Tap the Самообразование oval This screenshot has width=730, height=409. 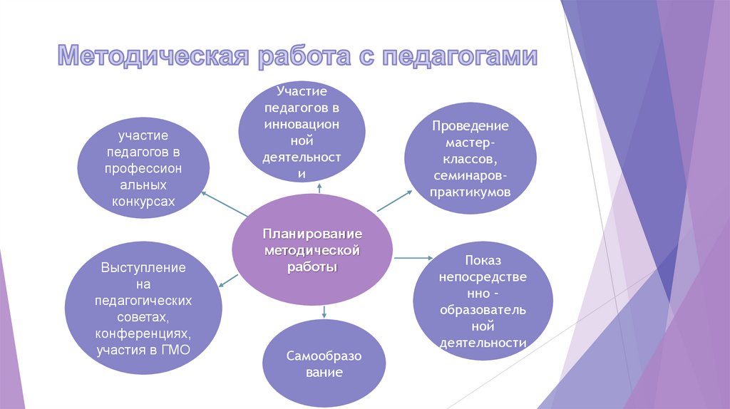(315, 363)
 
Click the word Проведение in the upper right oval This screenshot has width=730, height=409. (470, 126)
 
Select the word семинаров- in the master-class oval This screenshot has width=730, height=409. (470, 175)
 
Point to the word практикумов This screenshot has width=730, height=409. (470, 192)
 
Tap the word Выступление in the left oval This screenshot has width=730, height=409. (143, 268)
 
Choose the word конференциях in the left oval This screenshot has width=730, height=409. (143, 333)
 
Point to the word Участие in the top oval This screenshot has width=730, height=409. (302, 91)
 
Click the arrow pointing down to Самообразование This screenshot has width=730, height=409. (324, 311)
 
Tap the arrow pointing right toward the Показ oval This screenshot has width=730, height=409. (414, 257)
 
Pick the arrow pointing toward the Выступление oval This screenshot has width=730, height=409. (226, 279)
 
